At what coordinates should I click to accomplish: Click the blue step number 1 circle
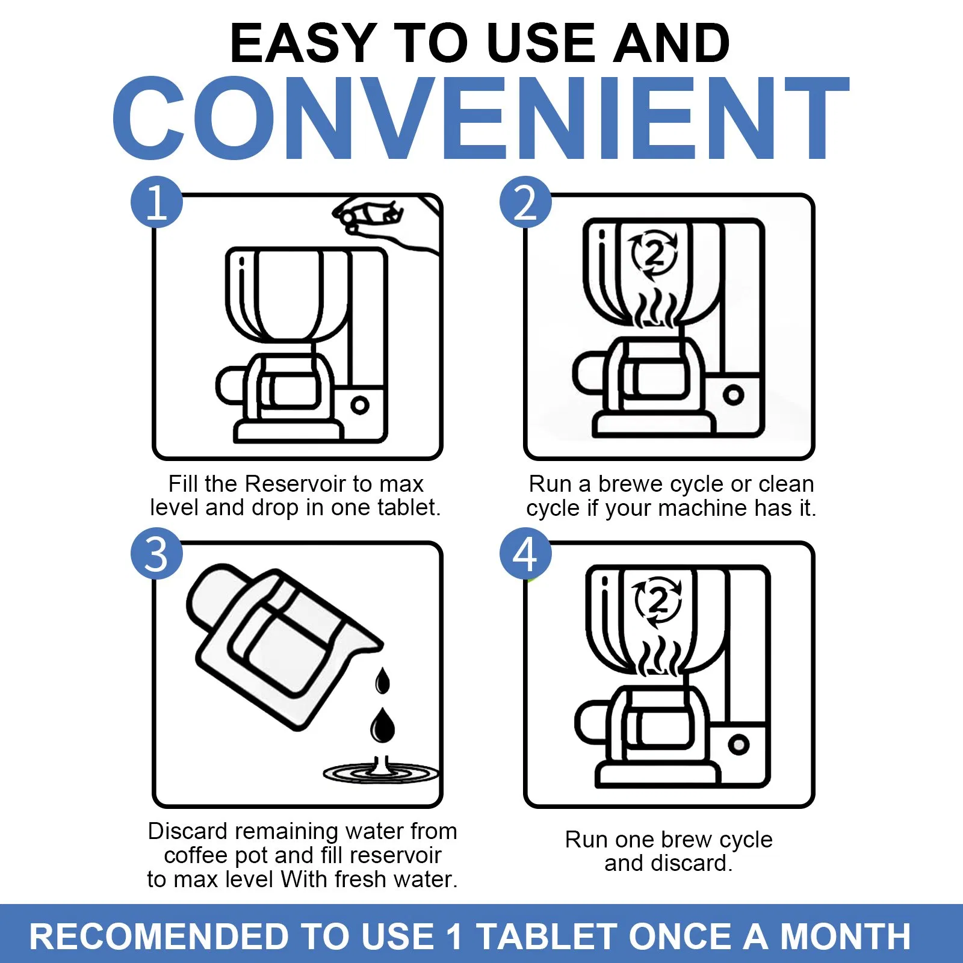(x=156, y=202)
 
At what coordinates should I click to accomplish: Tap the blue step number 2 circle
(x=525, y=202)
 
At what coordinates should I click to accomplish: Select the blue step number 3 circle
(x=156, y=554)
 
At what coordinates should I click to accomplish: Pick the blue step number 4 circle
(x=525, y=554)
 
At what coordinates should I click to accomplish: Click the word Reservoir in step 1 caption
(x=296, y=484)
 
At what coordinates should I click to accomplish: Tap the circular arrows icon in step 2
(x=654, y=255)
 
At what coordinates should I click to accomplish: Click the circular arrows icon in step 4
(x=657, y=602)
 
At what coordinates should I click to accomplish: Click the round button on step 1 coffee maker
(x=360, y=405)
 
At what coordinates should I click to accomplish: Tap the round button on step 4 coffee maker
(x=739, y=745)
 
